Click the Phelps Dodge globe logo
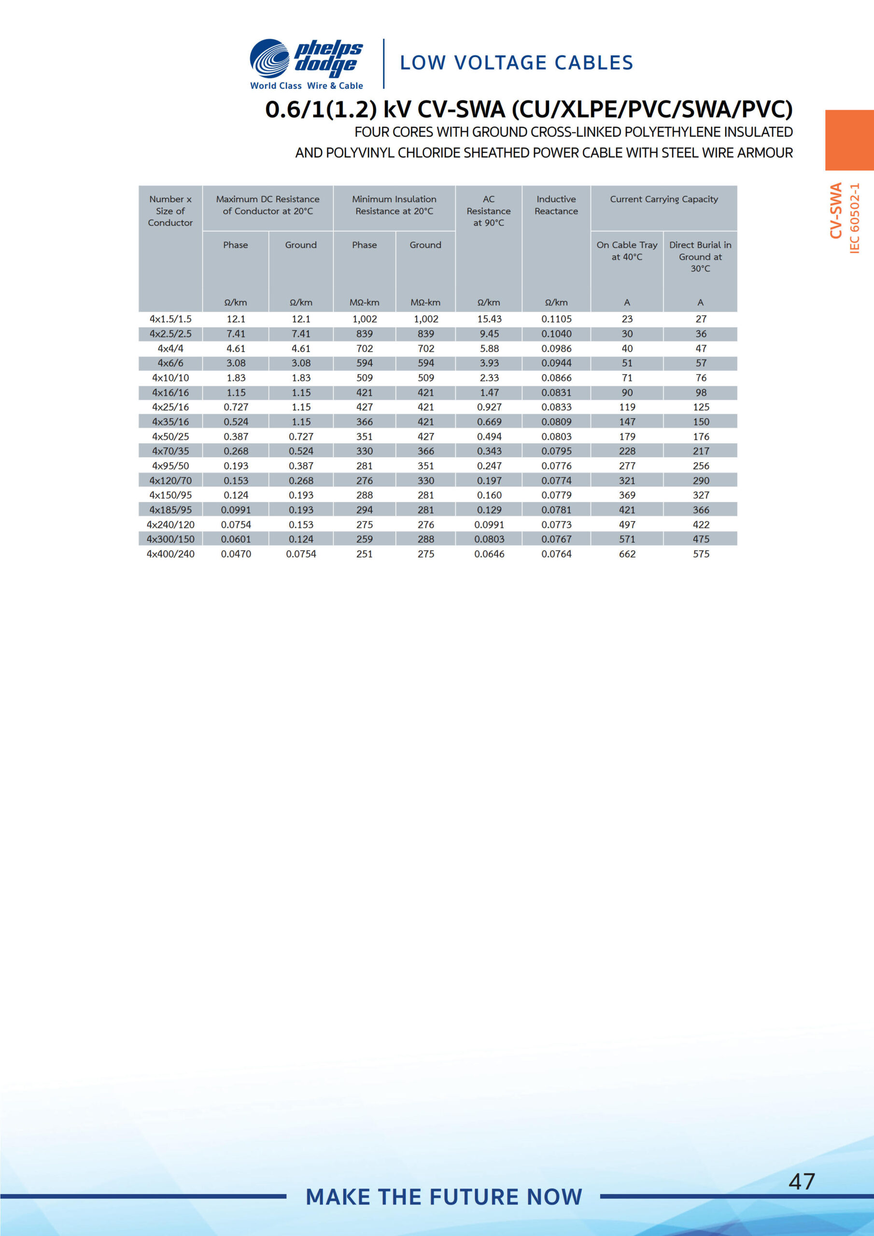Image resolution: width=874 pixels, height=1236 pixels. click(x=269, y=59)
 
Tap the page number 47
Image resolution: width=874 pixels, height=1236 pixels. click(x=801, y=1181)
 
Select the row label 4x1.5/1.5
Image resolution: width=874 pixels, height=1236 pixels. click(x=170, y=319)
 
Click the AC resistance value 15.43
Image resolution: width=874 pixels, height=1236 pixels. click(x=489, y=319)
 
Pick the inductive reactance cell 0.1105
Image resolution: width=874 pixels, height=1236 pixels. click(x=556, y=319)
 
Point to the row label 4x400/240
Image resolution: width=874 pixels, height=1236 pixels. click(x=170, y=554)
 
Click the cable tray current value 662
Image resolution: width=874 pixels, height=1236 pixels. click(x=627, y=554)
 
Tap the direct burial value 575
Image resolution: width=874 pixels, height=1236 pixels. click(x=701, y=554)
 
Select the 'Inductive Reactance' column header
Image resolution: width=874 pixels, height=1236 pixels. click(x=556, y=205)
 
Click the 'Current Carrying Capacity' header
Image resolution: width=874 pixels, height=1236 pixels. click(x=663, y=199)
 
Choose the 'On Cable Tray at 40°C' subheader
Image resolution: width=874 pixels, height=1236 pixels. click(x=627, y=251)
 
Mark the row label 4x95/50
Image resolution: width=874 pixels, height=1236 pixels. click(x=170, y=465)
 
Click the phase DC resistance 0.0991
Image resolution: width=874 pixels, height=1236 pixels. click(x=236, y=510)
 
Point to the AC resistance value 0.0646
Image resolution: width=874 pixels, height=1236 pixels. click(x=489, y=554)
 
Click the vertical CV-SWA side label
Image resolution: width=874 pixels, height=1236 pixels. click(x=835, y=211)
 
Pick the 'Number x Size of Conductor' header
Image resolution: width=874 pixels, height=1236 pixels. click(x=170, y=211)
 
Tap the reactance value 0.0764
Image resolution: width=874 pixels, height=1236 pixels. click(x=556, y=554)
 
